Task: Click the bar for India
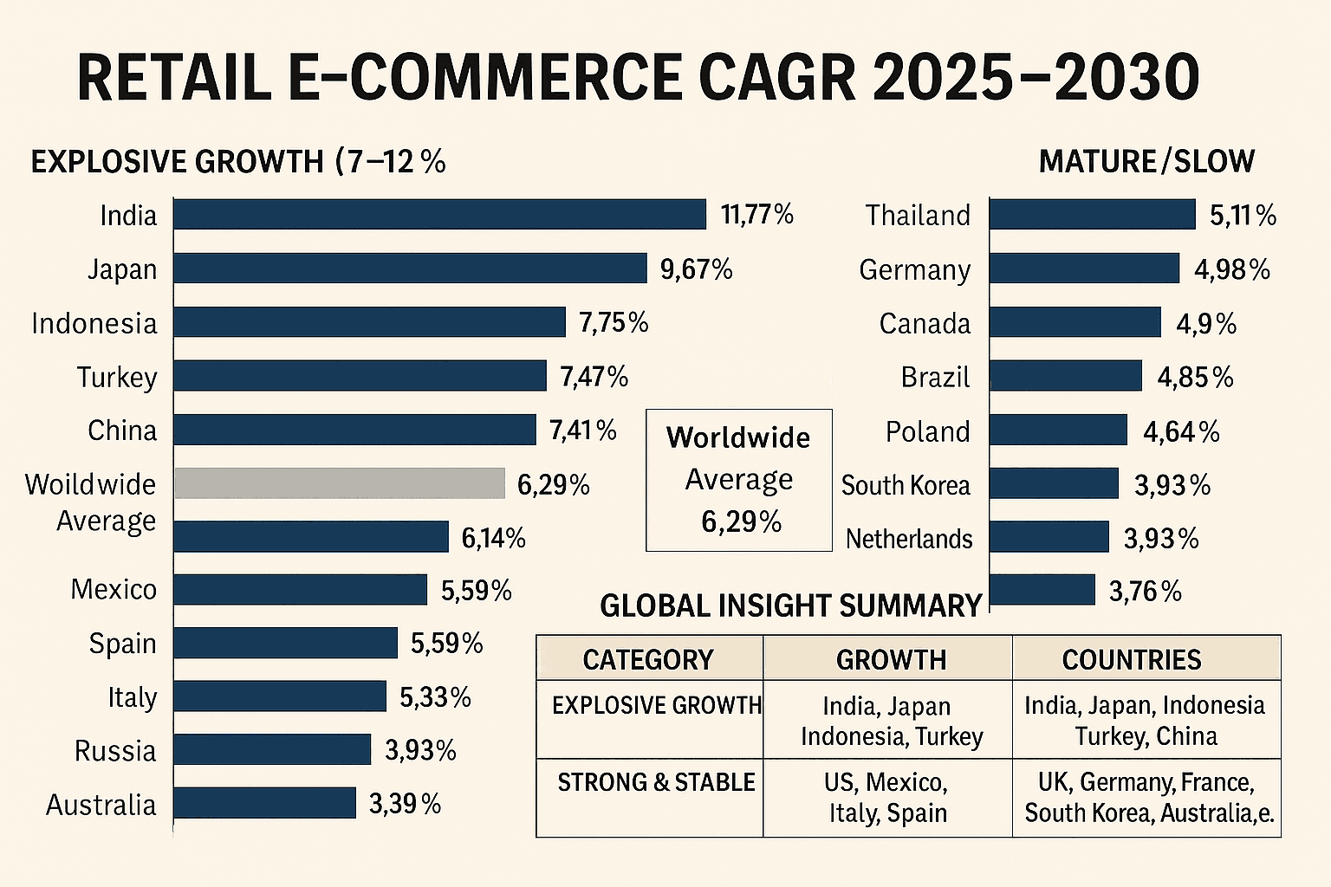(x=439, y=214)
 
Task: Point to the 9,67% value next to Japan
(x=696, y=269)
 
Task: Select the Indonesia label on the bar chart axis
(x=94, y=323)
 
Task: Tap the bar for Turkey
(x=360, y=376)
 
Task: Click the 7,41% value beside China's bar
(x=582, y=430)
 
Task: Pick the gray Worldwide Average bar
(x=340, y=483)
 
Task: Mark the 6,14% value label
(x=493, y=538)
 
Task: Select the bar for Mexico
(x=300, y=590)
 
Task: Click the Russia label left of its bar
(x=115, y=750)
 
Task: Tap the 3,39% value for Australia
(x=405, y=804)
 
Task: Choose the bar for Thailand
(x=1092, y=214)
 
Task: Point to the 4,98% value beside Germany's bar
(x=1231, y=269)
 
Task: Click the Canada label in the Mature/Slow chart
(x=925, y=323)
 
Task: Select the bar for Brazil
(x=1066, y=376)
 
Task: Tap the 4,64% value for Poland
(x=1180, y=431)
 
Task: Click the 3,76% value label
(x=1145, y=592)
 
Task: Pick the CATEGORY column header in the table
(x=648, y=659)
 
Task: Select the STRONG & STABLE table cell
(x=656, y=782)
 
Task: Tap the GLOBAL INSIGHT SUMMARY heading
(x=790, y=605)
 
